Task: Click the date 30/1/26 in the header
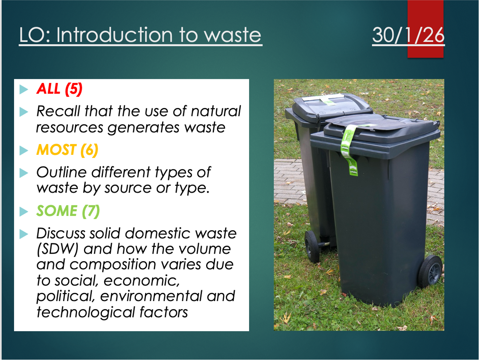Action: [408, 35]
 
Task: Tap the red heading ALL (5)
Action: [59, 89]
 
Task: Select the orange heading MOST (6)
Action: [67, 150]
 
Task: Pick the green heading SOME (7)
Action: [68, 211]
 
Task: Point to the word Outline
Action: [61, 172]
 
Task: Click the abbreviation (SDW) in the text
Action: [57, 249]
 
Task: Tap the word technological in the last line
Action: [86, 313]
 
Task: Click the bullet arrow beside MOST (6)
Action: [24, 150]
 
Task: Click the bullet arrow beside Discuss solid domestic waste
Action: [24, 234]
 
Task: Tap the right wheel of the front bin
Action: [431, 271]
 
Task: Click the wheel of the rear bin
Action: [312, 246]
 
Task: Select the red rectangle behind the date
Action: [425, 29]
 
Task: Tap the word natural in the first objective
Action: [215, 111]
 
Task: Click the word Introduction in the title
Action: [115, 35]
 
